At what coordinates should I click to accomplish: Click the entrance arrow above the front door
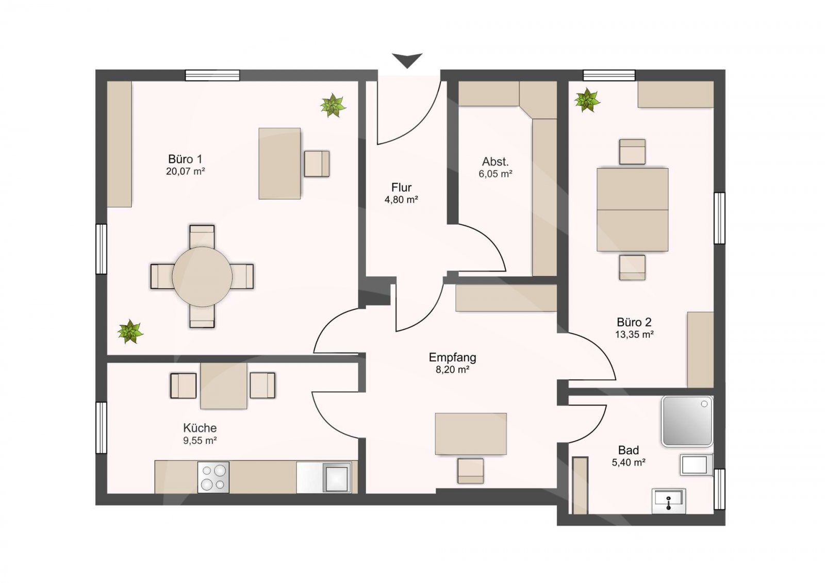(x=407, y=60)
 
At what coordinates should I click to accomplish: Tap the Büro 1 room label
(x=185, y=159)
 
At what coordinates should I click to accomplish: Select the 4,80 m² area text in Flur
(x=401, y=199)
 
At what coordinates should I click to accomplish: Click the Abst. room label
(x=496, y=161)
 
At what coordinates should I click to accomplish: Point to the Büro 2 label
(x=634, y=322)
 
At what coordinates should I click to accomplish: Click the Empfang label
(x=452, y=358)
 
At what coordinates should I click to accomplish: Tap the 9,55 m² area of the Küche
(x=200, y=440)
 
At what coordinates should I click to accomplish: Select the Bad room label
(x=629, y=450)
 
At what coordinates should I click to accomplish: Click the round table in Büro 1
(x=202, y=277)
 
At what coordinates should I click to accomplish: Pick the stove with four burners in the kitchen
(x=213, y=477)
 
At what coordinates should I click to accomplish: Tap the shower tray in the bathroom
(x=687, y=421)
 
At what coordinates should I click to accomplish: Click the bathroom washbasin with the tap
(x=669, y=501)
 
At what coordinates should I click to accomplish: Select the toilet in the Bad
(x=696, y=465)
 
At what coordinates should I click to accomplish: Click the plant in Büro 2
(x=587, y=100)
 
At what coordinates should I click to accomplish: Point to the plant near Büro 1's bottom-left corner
(x=130, y=331)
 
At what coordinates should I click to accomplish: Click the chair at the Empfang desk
(x=471, y=471)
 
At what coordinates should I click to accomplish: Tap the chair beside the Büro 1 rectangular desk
(x=317, y=163)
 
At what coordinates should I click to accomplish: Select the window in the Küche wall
(x=101, y=427)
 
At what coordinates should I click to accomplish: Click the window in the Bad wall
(x=720, y=489)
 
